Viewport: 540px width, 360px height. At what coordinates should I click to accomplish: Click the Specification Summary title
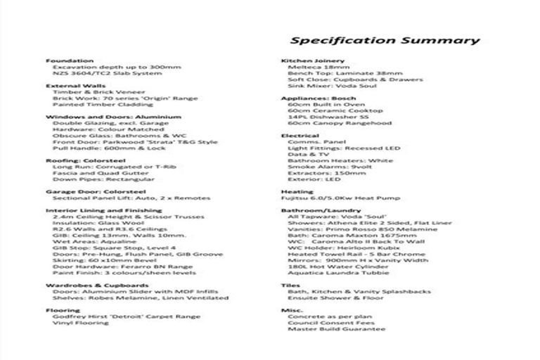(x=385, y=40)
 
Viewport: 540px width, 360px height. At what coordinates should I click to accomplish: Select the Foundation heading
(x=70, y=60)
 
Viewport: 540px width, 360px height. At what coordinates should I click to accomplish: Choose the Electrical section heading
(x=300, y=136)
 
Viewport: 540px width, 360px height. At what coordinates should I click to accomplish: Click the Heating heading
(x=297, y=191)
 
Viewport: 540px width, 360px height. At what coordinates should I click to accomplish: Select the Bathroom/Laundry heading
(x=311, y=210)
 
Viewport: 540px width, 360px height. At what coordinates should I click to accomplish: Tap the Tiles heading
(x=291, y=285)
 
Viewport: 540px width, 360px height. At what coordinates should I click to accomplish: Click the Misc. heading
(x=292, y=310)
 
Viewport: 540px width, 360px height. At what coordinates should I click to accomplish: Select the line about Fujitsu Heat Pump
(x=330, y=198)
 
